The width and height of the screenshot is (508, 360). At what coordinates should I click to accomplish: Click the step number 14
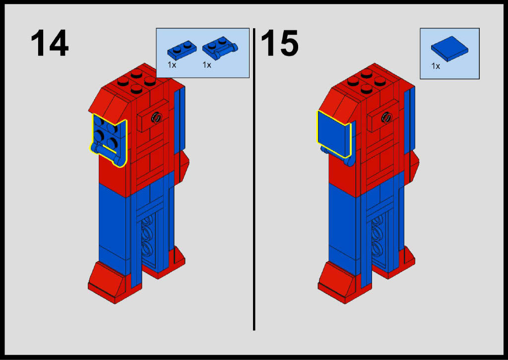[50, 43]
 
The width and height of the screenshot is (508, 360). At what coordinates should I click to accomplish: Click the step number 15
[279, 43]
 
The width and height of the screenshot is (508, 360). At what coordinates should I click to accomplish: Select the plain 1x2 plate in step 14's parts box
[182, 50]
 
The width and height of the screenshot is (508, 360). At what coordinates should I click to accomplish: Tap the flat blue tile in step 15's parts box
[449, 49]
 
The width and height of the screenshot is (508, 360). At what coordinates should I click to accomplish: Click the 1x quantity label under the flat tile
[436, 66]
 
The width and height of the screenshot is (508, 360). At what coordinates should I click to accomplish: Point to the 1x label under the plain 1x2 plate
[172, 65]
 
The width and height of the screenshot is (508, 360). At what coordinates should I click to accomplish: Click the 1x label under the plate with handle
[207, 65]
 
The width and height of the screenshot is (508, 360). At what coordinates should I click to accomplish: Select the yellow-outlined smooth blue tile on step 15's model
[334, 134]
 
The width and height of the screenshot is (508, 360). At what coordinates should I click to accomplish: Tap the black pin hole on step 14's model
[156, 117]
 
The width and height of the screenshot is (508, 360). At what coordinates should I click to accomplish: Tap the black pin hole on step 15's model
[386, 117]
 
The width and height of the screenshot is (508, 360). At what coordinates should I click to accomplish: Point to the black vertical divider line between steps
[254, 179]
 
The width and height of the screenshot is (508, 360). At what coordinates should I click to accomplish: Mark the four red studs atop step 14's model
[136, 81]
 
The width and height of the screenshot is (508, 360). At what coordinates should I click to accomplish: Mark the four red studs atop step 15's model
[367, 81]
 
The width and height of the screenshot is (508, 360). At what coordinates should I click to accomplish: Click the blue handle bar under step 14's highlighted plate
[108, 154]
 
